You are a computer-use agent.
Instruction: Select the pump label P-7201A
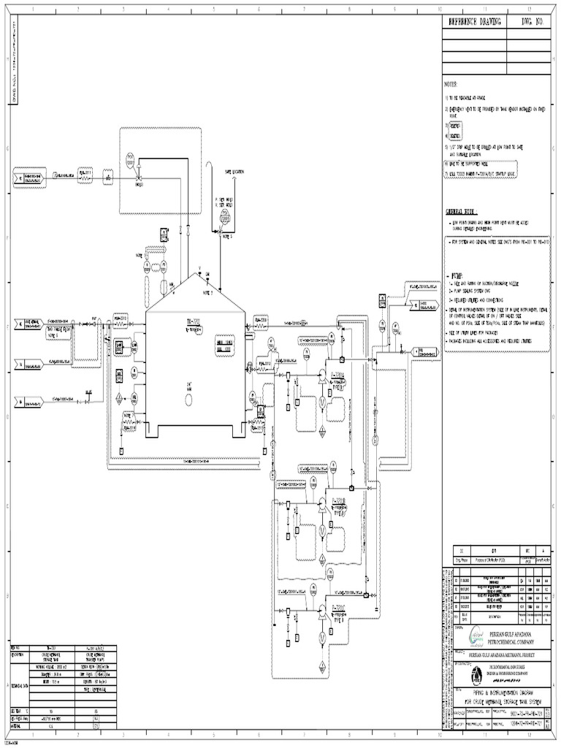click(x=339, y=378)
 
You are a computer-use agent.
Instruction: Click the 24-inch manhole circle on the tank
click(x=189, y=388)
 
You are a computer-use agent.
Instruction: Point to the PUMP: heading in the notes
click(x=458, y=277)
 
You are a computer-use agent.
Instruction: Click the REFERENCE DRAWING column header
click(x=475, y=23)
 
